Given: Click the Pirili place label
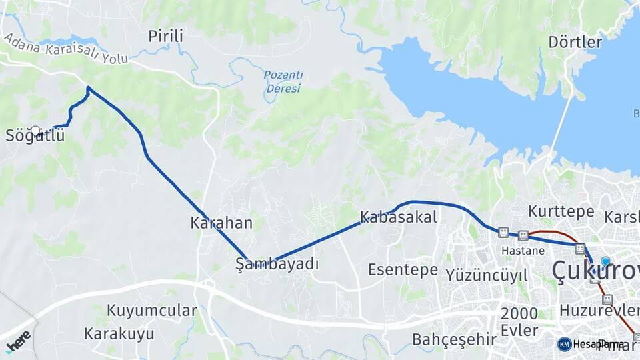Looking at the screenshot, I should tap(165, 36).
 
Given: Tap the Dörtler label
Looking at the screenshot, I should tap(575, 42).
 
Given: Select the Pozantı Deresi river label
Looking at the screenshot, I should tap(283, 81).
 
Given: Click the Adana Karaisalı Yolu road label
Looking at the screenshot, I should tap(65, 49).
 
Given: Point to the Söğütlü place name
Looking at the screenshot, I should tap(35, 135).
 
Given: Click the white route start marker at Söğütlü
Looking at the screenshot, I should tap(35, 131).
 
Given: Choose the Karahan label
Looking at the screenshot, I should tap(221, 223).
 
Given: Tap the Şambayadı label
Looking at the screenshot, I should tap(277, 264).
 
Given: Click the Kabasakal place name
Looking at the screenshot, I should tap(398, 217).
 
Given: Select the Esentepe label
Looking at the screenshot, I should tap(403, 270).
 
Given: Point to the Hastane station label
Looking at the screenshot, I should tap(523, 251).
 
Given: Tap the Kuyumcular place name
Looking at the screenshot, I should tap(152, 311).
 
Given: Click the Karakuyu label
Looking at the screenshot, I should tap(119, 333).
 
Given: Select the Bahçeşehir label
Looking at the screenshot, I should tap(454, 339).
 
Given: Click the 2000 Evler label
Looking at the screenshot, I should tap(519, 322).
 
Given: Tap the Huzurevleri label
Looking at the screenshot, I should tap(599, 311).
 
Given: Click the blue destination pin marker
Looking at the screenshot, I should tap(605, 262).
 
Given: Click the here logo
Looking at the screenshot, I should tap(19, 340).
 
